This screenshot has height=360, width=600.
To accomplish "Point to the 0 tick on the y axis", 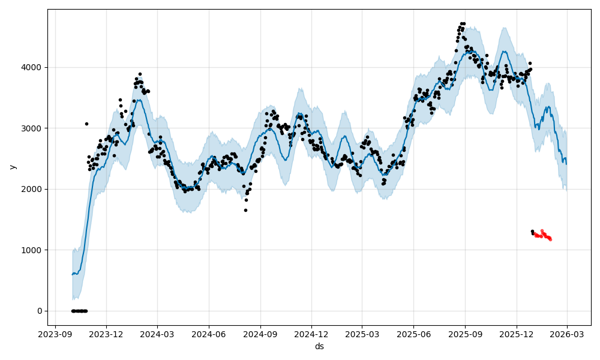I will point(39,311).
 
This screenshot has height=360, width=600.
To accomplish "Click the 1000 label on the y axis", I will point(33,250).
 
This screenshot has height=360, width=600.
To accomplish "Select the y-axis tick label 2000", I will point(33,189).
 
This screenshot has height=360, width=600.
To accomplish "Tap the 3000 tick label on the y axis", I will point(33,128).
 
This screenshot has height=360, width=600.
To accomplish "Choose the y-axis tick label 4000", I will point(33,67).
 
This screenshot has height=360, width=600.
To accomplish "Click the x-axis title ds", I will point(319,346).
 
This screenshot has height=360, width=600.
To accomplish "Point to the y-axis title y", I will point(13,166).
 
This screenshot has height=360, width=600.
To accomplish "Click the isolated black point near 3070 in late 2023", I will point(86,124).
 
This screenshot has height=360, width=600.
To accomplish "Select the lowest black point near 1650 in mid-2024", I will point(245,210).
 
